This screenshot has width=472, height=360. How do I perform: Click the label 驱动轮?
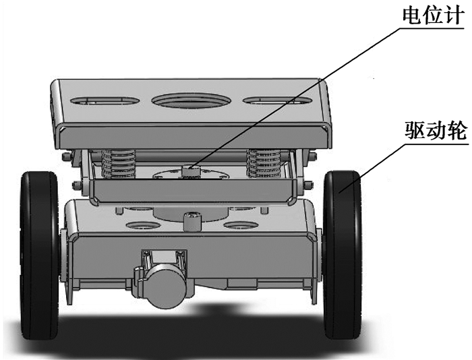[x=436, y=130]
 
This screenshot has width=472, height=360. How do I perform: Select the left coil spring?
[x=119, y=163]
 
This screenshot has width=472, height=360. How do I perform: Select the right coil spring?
[x=264, y=162]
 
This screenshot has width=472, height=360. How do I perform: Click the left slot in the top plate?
[x=105, y=100]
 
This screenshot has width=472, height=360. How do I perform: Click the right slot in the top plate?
[x=276, y=100]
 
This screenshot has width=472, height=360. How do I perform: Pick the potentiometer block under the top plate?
[x=191, y=171]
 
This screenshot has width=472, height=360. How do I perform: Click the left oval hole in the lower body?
[x=142, y=225]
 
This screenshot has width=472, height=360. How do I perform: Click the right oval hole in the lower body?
[x=241, y=225]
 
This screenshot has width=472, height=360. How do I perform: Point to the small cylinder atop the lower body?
[x=192, y=221]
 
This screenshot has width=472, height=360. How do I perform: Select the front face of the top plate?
[x=193, y=137]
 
